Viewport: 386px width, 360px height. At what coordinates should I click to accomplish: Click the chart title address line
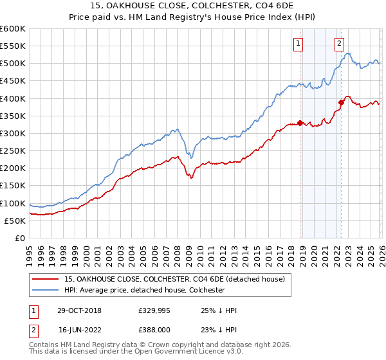pos(192,6)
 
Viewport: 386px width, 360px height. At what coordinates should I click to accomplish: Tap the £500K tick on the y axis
pos(13,64)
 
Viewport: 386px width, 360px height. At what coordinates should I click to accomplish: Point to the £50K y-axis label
pos(15,221)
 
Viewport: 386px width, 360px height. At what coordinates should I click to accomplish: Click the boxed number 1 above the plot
pos(299,44)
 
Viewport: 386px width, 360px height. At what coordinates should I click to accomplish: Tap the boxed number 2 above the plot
pos(339,44)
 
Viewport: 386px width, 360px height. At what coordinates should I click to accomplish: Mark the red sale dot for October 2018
pos(300,123)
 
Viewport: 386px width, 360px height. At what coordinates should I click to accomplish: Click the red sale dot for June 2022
pos(342,102)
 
